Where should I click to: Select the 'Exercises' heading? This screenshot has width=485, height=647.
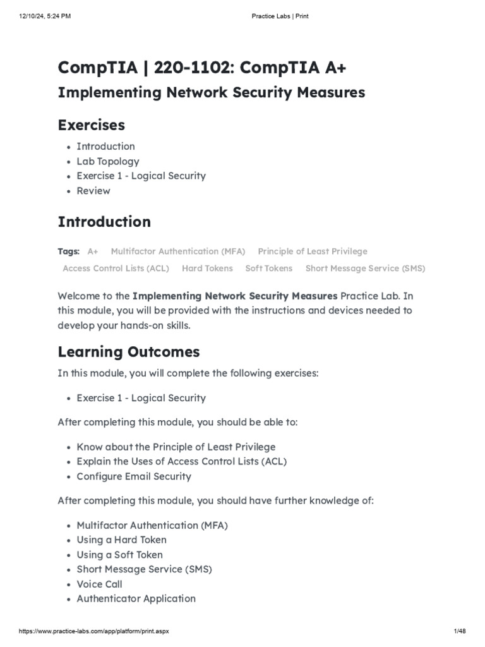coord(91,124)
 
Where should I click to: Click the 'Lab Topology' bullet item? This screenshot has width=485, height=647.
coord(107,161)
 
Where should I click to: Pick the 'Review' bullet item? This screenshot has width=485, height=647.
coord(93,191)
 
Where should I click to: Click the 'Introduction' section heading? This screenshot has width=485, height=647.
coord(104,222)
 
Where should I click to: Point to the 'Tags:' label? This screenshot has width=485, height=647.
coord(68,251)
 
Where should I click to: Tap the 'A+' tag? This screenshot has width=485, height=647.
coord(93,251)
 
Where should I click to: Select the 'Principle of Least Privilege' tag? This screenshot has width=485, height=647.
coord(312,251)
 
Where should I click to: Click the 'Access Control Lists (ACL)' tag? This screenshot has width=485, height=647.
coord(116,269)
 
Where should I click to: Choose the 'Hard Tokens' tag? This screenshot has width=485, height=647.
coord(207,269)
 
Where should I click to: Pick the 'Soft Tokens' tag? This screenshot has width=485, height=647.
coord(268,269)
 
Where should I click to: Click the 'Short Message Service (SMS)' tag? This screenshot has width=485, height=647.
coord(365,269)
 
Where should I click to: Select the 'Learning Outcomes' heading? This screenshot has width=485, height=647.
coord(128,351)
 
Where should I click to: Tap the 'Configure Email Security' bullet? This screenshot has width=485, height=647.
coord(134,476)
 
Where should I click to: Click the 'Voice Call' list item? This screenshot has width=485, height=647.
coord(99,584)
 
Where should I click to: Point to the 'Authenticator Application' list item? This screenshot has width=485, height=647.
coord(136,598)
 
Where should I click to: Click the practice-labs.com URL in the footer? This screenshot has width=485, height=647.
coord(94,631)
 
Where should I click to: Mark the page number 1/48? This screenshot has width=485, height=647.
coord(459,631)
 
